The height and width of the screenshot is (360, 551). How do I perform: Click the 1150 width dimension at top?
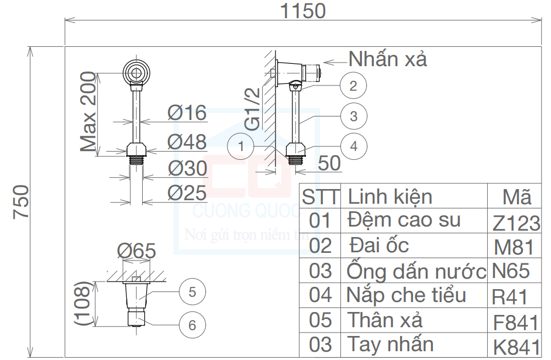303,11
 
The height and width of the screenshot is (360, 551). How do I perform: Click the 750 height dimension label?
22,202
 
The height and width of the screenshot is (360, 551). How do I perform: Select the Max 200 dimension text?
88,111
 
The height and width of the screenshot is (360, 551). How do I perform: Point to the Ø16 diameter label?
187,112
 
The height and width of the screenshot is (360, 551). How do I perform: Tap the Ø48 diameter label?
187,142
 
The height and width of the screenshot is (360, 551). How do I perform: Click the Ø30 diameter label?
187,169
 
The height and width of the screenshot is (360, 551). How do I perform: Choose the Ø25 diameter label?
187,193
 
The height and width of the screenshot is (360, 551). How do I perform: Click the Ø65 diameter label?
136,251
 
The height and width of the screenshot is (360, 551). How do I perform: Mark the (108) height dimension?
84,303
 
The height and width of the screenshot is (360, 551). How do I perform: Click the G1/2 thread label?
252,109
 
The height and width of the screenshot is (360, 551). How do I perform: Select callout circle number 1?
242,146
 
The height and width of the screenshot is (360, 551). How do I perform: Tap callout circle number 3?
353,116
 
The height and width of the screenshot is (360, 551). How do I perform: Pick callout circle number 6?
192,325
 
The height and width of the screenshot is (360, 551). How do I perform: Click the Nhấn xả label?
388,59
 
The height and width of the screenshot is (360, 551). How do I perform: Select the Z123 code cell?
516,222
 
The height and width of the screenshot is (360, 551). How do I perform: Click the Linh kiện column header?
390,196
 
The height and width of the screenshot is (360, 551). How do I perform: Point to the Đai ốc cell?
379,245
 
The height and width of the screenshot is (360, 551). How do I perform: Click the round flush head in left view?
137,73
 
